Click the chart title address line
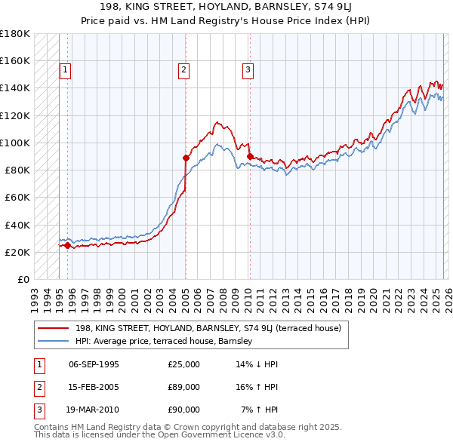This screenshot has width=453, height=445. (226, 7)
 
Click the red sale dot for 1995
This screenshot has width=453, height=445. (67, 245)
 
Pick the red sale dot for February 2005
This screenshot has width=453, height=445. (186, 158)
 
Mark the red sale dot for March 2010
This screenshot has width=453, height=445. (249, 156)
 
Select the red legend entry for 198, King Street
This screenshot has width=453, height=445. (208, 328)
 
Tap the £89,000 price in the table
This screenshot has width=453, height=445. (184, 387)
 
